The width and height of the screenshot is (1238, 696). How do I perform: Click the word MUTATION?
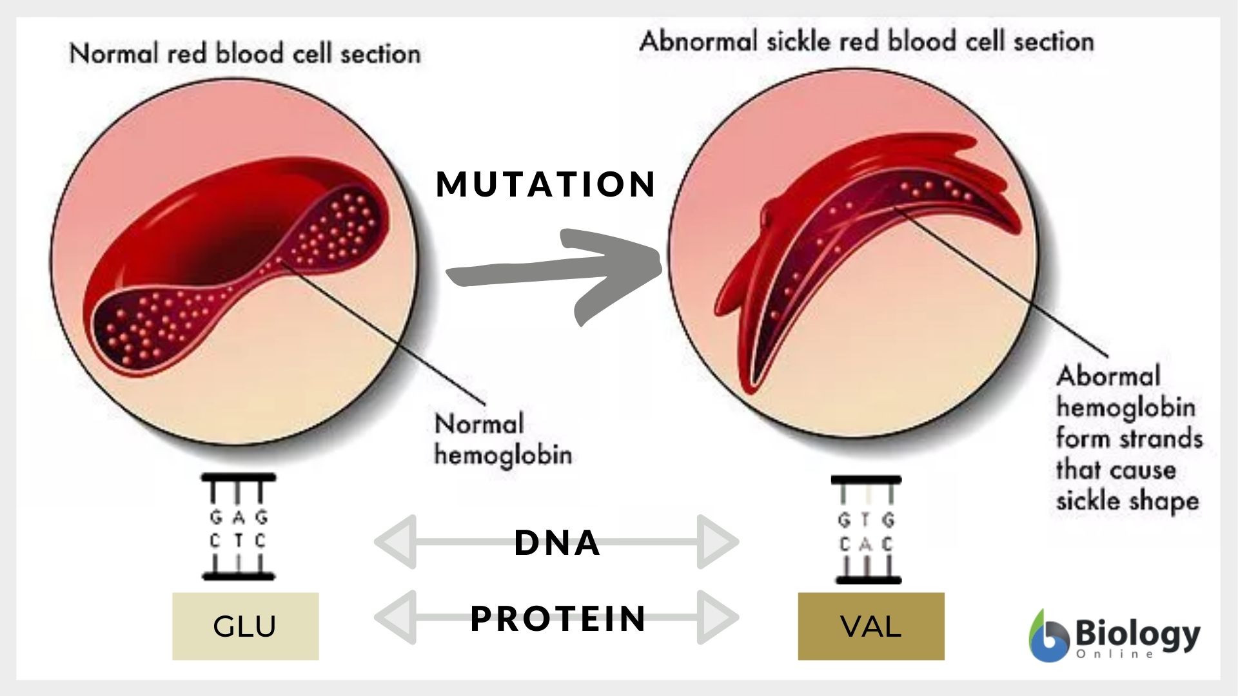[546, 184]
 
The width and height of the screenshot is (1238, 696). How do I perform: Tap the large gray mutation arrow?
[555, 273]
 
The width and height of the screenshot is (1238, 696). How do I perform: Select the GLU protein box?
[245, 626]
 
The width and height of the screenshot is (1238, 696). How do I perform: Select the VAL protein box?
[870, 626]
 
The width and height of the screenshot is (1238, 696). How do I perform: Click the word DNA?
[557, 542]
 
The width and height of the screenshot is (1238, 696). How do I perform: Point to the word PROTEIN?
[558, 618]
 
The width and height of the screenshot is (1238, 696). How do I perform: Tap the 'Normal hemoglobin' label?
[503, 440]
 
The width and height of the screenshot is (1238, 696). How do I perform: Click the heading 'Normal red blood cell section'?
[245, 53]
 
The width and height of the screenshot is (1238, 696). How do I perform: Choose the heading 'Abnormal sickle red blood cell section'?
[867, 42]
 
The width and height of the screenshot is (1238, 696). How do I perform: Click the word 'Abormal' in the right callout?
[1108, 376]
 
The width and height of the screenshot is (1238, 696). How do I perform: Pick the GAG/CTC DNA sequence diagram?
[239, 527]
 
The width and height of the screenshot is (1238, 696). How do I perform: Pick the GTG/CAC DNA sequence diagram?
[866, 530]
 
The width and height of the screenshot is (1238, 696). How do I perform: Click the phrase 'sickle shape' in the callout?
[1127, 501]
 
